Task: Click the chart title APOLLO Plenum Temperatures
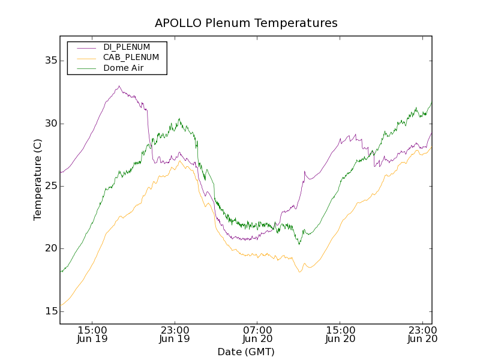[246, 23]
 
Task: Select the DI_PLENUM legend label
[127, 47]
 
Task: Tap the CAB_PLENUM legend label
[131, 58]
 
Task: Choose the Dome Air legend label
[123, 68]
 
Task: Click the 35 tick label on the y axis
[50, 61]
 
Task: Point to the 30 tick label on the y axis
[50, 124]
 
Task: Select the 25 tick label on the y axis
[50, 186]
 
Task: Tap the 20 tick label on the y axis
[50, 248]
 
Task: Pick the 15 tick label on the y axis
[50, 311]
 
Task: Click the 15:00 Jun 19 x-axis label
[92, 334]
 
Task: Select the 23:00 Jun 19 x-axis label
[175, 334]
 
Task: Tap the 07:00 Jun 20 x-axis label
[257, 334]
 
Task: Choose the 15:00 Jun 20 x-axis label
[340, 334]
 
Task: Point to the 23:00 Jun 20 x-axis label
[422, 334]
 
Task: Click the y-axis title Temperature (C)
[38, 180]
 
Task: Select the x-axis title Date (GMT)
[245, 352]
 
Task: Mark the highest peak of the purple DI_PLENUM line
[119, 86]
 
